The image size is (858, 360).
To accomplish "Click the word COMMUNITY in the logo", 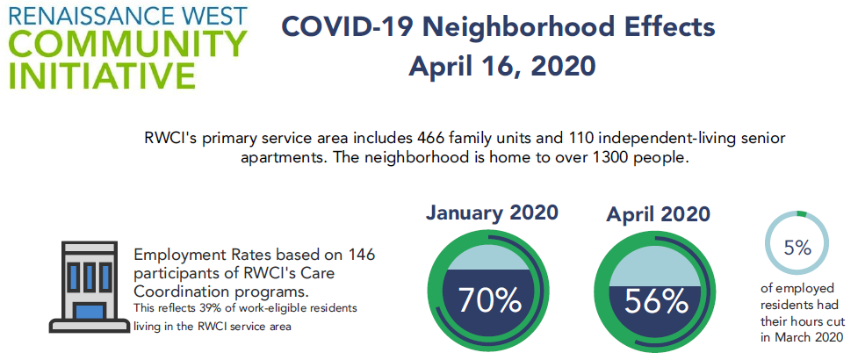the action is (x=127, y=44).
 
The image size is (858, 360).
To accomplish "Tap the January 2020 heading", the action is (x=492, y=212).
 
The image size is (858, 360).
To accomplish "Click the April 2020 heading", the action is (x=659, y=214).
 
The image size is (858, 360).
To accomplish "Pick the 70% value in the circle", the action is (x=489, y=299).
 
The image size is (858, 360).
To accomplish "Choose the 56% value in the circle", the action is (x=656, y=301).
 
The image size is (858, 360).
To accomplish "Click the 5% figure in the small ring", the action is (x=797, y=248).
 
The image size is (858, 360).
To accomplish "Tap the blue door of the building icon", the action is (x=90, y=312).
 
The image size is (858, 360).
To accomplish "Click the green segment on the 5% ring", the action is (x=802, y=213).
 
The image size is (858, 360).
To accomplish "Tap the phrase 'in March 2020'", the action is (x=802, y=337).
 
